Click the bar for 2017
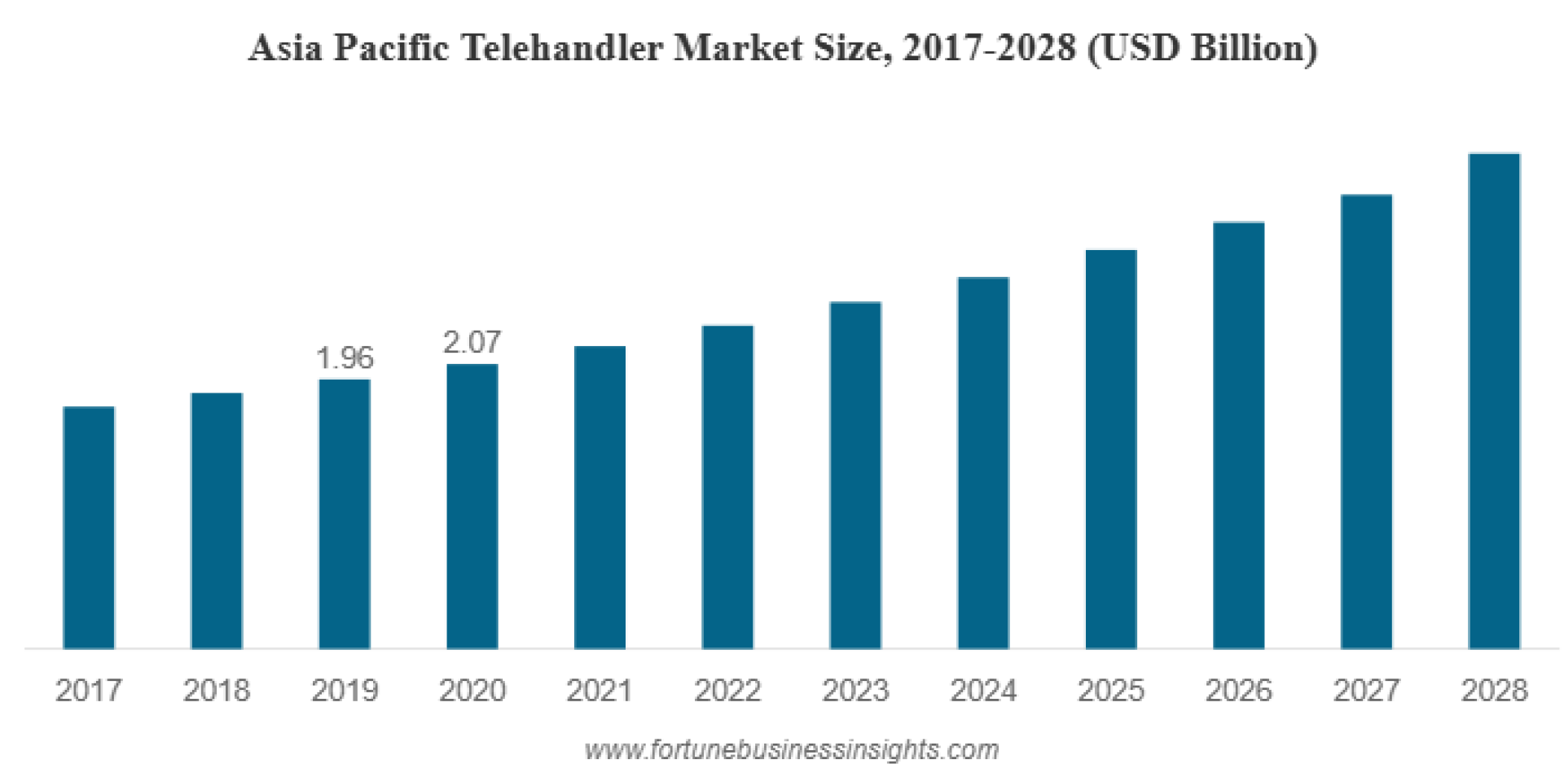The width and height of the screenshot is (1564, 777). [89, 527]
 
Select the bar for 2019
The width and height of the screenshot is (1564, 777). [344, 513]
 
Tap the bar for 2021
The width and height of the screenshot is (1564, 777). [600, 497]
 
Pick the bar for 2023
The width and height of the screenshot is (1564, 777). [855, 475]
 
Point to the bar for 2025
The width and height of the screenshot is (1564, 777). [1110, 448]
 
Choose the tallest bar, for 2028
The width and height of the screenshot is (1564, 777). [1494, 400]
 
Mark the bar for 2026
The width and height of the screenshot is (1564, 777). [1238, 435]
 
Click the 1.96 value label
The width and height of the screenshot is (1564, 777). [345, 358]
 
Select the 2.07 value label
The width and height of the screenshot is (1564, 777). [472, 342]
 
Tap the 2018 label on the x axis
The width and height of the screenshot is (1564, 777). [216, 691]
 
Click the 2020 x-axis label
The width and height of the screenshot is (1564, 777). [472, 691]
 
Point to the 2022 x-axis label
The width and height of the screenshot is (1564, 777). [727, 691]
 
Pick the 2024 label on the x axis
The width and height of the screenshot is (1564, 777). [983, 691]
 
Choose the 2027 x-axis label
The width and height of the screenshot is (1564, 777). [1366, 691]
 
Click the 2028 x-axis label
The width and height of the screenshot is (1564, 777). [1494, 691]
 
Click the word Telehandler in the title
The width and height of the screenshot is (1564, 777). [562, 48]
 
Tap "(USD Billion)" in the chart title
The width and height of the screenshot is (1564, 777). [1202, 49]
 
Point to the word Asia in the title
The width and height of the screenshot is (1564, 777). [285, 48]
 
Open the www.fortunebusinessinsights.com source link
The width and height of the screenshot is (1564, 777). [791, 749]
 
